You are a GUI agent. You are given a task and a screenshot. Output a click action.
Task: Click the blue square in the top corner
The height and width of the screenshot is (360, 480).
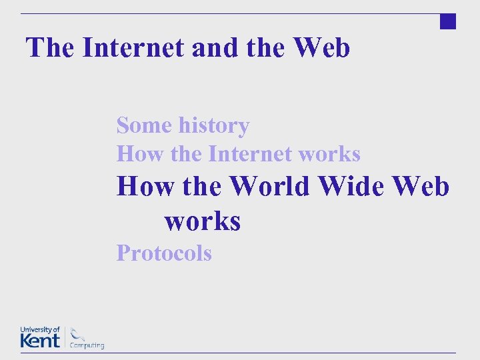448,21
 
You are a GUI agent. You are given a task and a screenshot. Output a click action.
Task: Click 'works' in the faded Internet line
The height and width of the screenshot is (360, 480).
329,154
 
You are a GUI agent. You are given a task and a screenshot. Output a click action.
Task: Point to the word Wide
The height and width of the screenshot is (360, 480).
352,187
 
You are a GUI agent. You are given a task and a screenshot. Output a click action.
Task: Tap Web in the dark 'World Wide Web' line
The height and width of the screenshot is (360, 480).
421,187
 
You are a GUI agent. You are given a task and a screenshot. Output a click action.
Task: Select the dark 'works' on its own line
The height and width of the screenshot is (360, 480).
203,221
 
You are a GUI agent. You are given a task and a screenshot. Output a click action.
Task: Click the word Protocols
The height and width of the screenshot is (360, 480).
164,253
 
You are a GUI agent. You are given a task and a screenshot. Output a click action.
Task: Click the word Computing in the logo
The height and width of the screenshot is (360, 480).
87,345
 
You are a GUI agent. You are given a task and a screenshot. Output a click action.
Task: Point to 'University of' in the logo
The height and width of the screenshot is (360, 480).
40,329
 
